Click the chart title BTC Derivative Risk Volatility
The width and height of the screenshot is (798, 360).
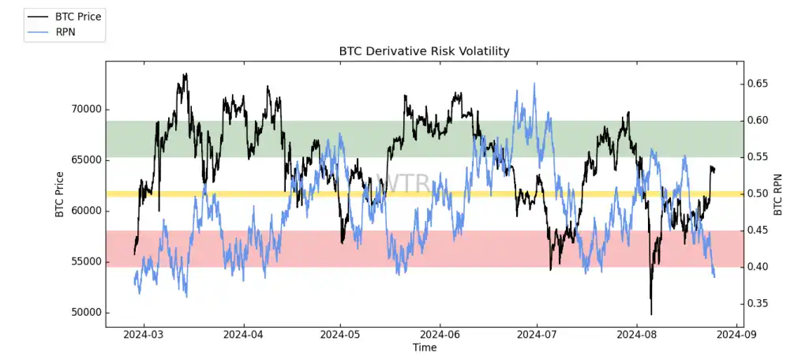click(x=424, y=51)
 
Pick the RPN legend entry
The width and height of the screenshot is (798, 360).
click(x=64, y=32)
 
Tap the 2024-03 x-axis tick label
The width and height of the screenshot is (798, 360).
click(x=144, y=335)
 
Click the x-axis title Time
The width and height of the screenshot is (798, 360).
click(x=424, y=347)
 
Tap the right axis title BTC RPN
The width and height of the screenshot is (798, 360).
click(x=777, y=194)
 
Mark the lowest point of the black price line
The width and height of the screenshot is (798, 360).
click(x=651, y=314)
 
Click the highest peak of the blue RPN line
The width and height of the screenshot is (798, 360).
click(x=534, y=83)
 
